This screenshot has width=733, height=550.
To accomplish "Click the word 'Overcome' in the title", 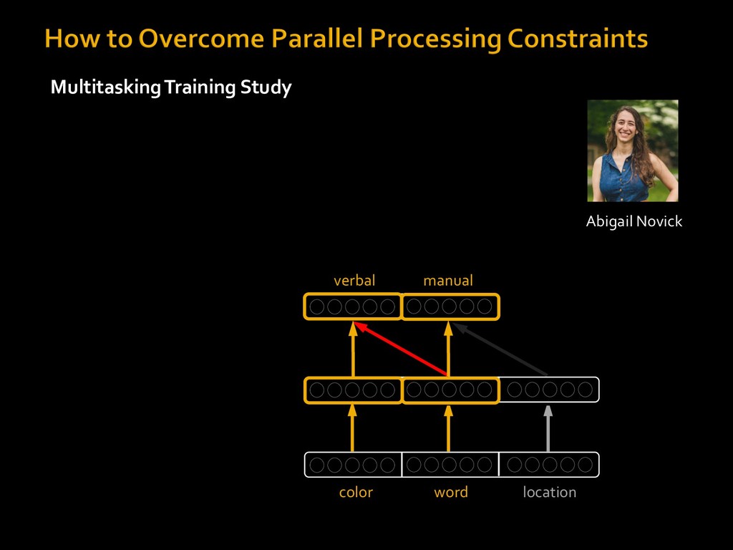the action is click(201, 38).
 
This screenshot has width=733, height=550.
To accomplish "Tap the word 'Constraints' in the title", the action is click(578, 39).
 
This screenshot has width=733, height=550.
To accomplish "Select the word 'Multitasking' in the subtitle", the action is click(106, 87).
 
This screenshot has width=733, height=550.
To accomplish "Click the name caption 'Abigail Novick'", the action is click(634, 221).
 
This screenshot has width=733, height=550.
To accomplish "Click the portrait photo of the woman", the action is click(633, 150).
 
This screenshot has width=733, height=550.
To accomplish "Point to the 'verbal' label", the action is click(354, 280).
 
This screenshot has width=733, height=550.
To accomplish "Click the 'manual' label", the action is click(448, 281).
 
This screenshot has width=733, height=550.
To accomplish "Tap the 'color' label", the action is click(356, 492).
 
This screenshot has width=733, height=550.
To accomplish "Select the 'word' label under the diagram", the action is click(451, 492).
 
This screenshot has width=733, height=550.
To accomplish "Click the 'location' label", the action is click(549, 492).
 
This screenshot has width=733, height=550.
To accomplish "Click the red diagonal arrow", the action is click(401, 349).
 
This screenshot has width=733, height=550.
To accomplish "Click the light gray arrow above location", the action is click(548, 428).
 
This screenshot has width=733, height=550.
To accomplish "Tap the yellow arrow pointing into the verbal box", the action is click(353, 349).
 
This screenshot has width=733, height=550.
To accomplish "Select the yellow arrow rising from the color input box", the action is click(352, 428).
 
